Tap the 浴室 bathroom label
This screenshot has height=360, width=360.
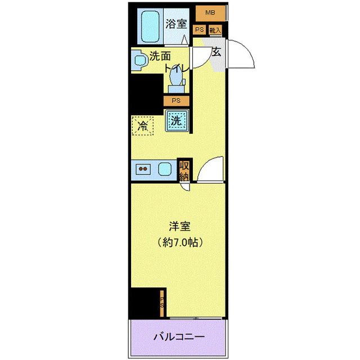176,24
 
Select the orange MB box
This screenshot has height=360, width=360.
210,12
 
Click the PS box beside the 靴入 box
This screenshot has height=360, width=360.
199,30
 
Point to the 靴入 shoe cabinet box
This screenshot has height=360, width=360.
215,30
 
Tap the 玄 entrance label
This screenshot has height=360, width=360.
215,52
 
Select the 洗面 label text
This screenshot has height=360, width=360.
160,56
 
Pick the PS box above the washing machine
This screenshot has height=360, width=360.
176,101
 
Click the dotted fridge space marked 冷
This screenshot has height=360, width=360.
143,124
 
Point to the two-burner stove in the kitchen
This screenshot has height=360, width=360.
143,168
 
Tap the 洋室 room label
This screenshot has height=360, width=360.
180,227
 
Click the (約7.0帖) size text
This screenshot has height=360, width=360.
180,243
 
